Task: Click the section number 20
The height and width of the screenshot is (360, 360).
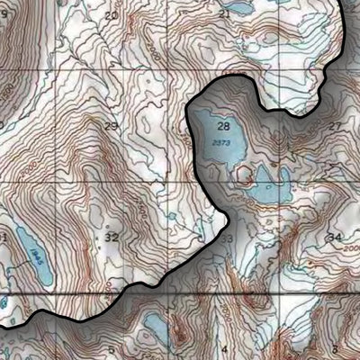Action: coord(111,16)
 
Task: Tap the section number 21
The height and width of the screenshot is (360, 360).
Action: coord(224,14)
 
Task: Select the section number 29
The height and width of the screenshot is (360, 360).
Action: coord(111,127)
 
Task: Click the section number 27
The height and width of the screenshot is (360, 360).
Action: coord(335,126)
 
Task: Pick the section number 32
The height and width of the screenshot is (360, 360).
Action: coord(112,237)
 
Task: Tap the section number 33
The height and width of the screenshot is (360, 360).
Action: coord(226,238)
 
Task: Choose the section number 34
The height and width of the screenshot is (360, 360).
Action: coord(335,237)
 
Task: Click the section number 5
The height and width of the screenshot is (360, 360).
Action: coord(112,349)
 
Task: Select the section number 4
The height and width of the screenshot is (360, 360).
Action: coord(225,347)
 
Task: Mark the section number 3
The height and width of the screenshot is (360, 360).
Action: coord(334,347)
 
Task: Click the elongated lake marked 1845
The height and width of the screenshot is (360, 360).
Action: coord(29,247)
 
